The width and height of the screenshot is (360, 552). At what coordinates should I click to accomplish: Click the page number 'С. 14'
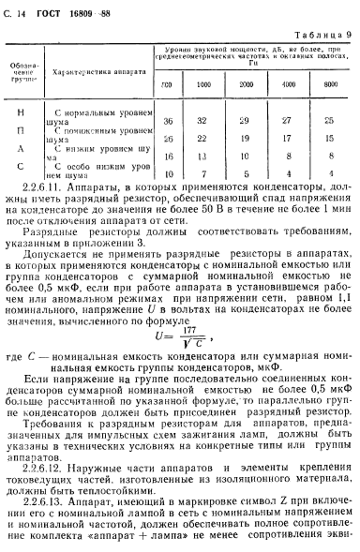click(x=17, y=10)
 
